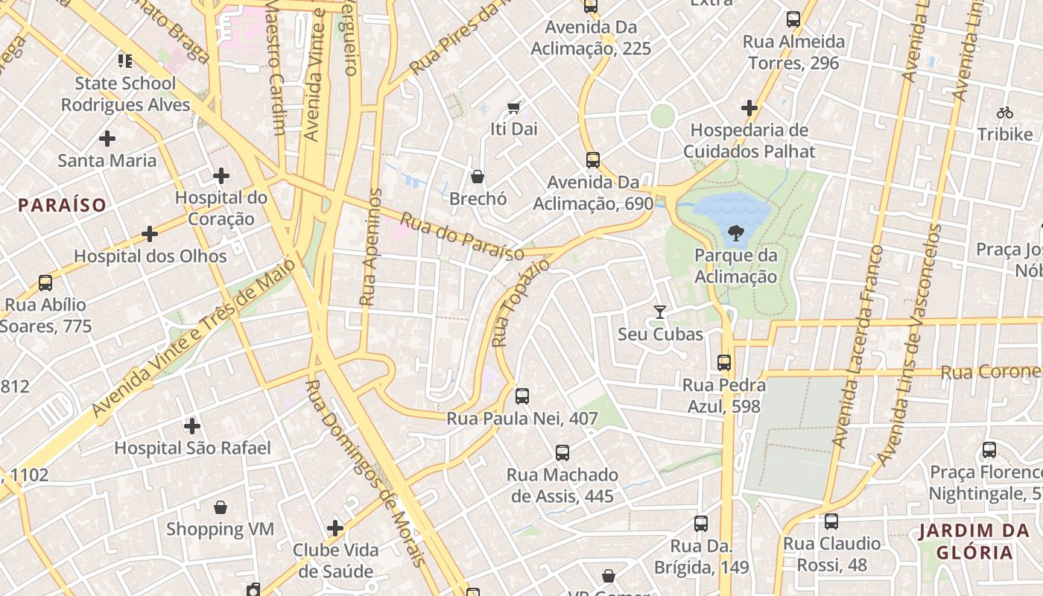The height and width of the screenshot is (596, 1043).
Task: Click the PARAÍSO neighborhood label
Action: pos(63,205)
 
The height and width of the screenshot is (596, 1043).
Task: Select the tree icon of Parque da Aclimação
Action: pos(736,233)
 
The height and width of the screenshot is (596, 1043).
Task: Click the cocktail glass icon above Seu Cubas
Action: pos(659,311)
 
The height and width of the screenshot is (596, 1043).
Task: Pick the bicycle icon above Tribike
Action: pos(1005,112)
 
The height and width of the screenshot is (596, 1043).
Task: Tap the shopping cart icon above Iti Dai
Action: pos(513,107)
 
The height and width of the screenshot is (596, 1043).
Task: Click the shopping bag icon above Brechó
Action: pos(478,177)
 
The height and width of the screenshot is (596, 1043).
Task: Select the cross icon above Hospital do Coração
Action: pos(221,176)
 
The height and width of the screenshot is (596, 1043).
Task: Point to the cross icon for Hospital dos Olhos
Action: pos(150,234)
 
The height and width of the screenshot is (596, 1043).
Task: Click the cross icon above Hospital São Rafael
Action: pos(192,426)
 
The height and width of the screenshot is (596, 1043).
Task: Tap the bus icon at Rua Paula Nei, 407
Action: pos(522,396)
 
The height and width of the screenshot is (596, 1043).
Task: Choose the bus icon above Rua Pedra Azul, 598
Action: pos(723,363)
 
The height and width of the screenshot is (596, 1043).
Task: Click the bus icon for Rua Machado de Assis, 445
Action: pos(562,452)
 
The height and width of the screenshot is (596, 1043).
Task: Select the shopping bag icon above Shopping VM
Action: pos(221,507)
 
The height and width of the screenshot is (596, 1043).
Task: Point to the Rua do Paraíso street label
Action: pos(462,237)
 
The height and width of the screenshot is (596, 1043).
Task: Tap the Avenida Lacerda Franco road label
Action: pos(857,346)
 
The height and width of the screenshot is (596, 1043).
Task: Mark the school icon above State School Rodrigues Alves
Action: pos(125,60)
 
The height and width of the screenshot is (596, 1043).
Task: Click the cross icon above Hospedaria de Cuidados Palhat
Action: pos(749,108)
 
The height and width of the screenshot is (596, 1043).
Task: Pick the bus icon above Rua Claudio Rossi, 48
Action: pos(831,521)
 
